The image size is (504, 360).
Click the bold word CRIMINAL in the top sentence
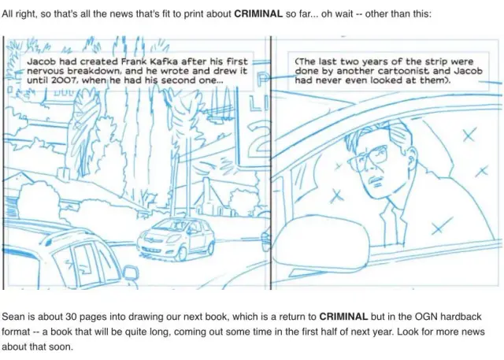pos(258,14)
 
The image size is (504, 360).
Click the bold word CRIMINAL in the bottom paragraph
pos(343,317)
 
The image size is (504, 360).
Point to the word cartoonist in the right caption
pos(403,71)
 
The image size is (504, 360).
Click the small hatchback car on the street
pos(176,239)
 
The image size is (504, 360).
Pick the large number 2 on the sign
pos(259,137)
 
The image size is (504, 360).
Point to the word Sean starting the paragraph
pos(13,317)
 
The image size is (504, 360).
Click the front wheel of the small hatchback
pos(182,254)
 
